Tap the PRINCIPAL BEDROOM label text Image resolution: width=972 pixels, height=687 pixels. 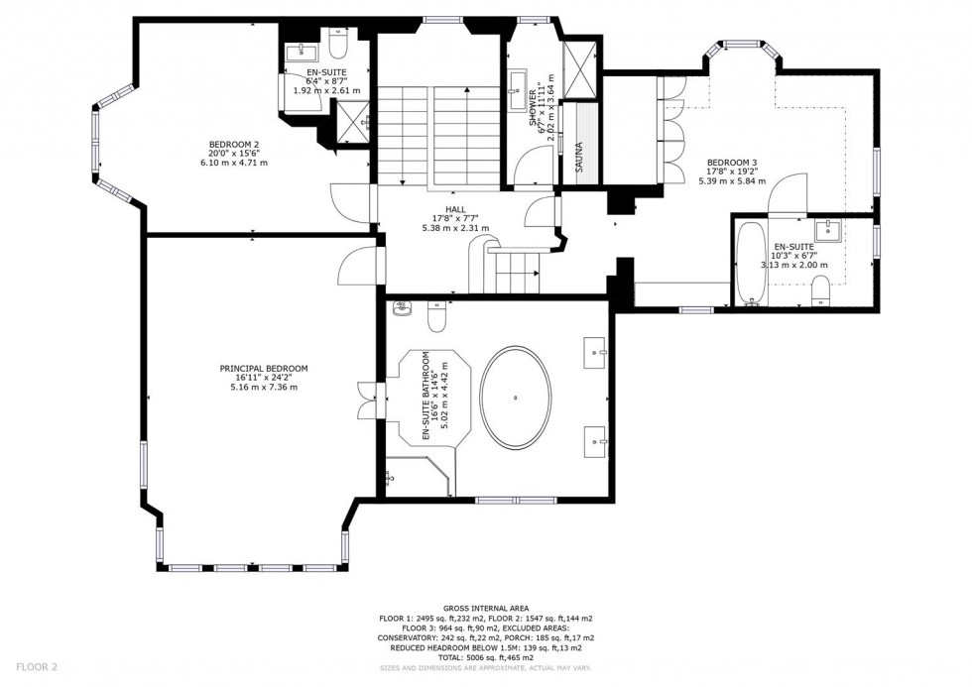[263, 368]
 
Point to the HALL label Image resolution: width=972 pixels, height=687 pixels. [455, 208]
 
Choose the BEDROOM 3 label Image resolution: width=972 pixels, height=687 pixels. [732, 163]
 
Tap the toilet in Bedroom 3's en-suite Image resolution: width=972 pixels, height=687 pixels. [820, 289]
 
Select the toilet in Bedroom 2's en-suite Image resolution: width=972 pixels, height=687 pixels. [337, 50]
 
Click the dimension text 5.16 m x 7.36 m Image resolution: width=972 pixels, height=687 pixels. [263, 387]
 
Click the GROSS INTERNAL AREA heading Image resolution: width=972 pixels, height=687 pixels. [485, 608]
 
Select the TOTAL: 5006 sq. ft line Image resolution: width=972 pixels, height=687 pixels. [485, 657]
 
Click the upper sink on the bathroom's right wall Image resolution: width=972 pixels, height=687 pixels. [598, 348]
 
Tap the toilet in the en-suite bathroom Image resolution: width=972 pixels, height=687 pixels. [437, 316]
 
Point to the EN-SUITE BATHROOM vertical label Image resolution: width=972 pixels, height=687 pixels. [425, 397]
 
